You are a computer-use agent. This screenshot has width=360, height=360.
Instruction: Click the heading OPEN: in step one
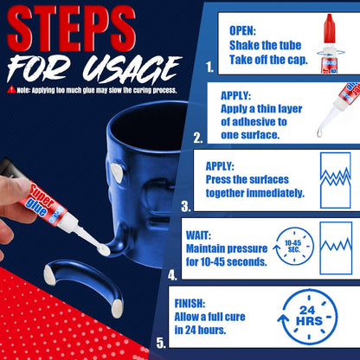tap(243, 30)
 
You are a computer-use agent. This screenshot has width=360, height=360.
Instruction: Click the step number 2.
tap(198, 137)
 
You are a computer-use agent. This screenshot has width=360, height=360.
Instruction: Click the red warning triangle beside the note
tap(10, 88)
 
